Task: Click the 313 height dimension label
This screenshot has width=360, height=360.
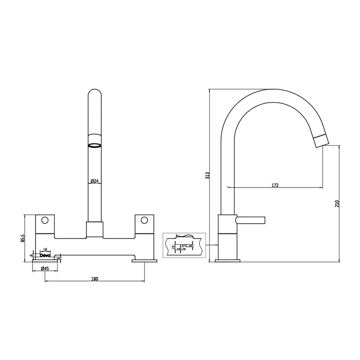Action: (207, 175)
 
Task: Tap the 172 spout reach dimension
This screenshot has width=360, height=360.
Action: (275, 185)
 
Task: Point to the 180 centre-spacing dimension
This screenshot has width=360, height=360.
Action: (94, 279)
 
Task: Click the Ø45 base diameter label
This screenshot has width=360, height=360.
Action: (45, 269)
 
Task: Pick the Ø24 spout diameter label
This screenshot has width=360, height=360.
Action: (94, 181)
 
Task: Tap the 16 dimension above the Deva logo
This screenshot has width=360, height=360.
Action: (45, 249)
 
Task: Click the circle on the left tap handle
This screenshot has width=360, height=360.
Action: (45, 220)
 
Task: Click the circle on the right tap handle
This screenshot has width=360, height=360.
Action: (144, 220)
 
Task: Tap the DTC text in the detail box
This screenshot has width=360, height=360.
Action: (184, 245)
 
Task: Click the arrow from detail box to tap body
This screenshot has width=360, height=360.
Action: (212, 245)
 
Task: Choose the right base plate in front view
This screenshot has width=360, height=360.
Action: (144, 260)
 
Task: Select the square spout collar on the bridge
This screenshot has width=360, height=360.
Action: (94, 229)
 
